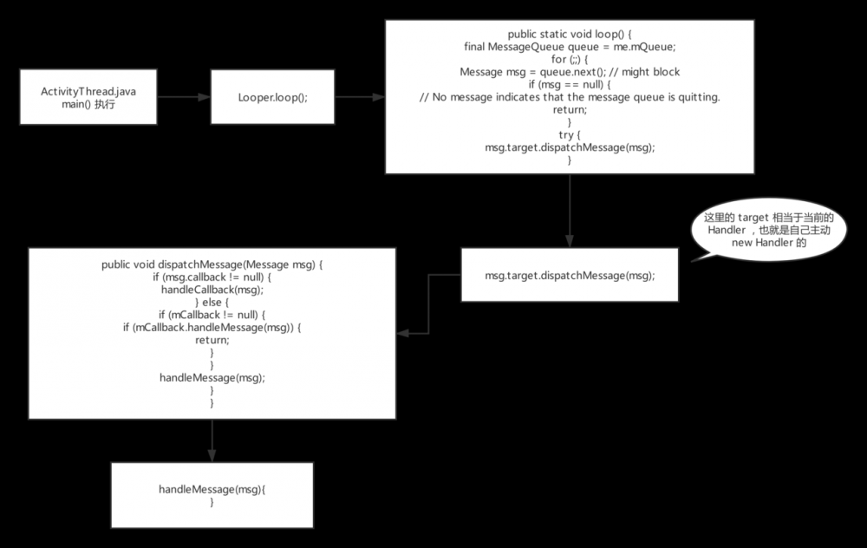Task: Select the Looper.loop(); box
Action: coord(272,98)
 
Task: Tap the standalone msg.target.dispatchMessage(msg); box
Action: coord(570,276)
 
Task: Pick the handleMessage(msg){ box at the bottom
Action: coord(212,495)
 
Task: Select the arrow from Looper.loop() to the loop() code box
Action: coord(360,98)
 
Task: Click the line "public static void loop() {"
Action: coord(570,33)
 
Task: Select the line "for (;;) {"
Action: coord(570,59)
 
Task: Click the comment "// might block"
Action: coord(649,72)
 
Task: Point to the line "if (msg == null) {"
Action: coord(570,84)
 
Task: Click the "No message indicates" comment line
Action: coord(570,97)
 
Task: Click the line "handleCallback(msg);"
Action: coord(212,290)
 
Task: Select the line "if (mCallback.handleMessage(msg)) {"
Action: coord(212,327)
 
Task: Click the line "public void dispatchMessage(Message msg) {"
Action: coord(212,264)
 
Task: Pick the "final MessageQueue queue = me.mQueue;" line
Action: coord(570,46)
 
